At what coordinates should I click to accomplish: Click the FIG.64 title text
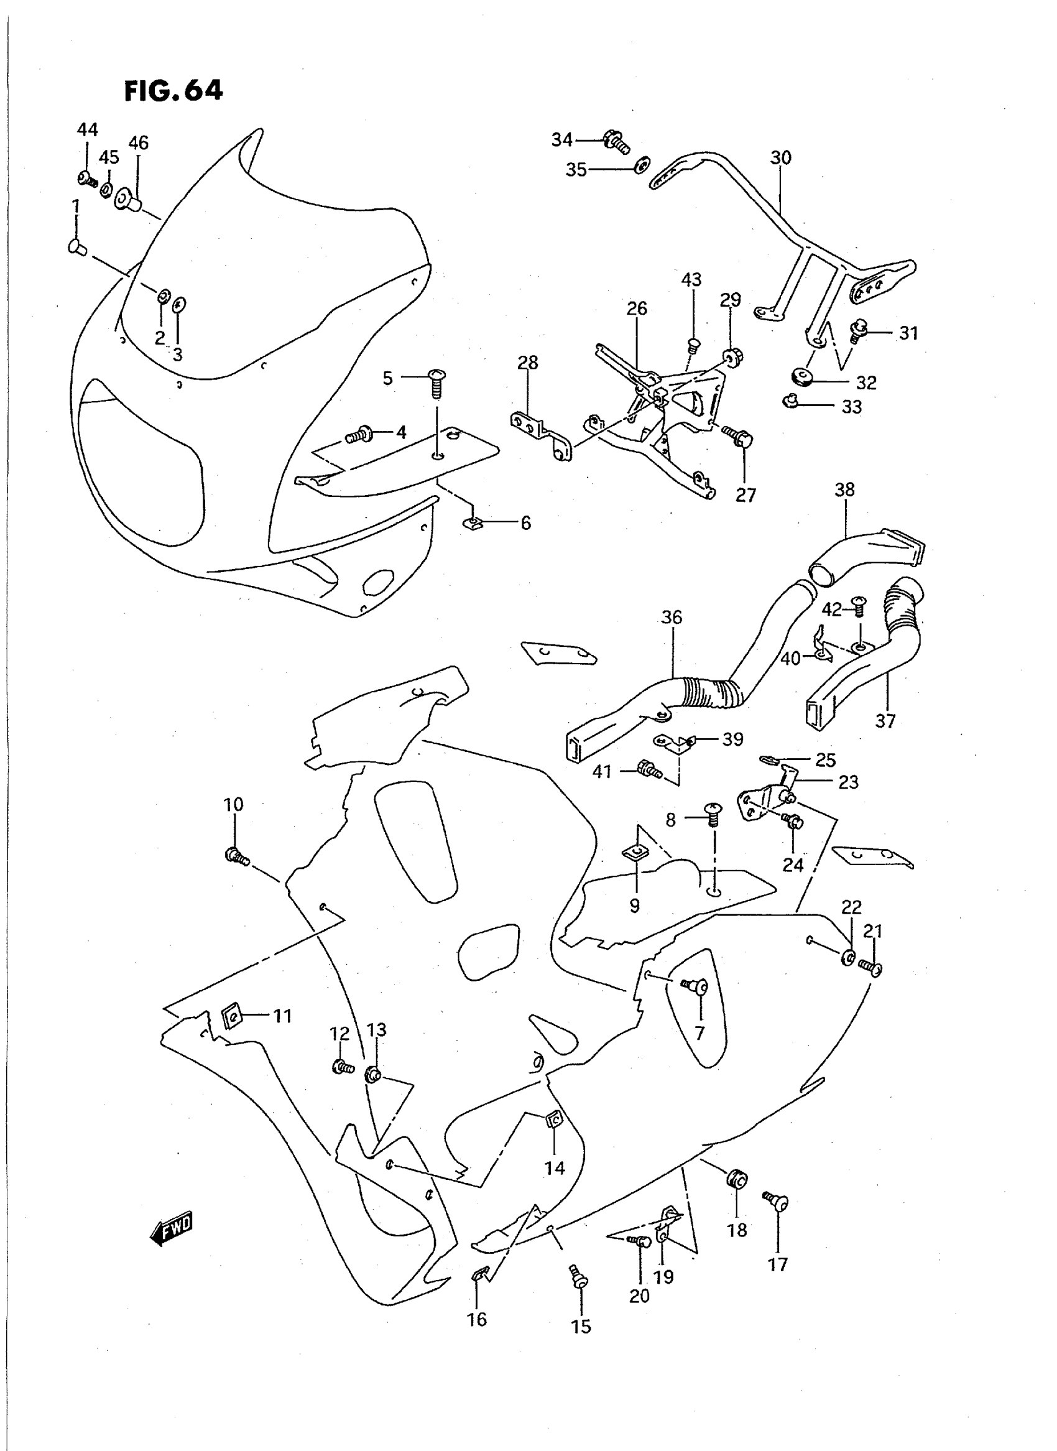[173, 91]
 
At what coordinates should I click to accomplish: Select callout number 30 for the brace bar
[780, 157]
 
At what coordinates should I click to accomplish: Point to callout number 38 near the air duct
[844, 489]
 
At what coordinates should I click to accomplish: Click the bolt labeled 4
[359, 436]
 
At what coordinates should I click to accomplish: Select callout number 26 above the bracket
[637, 308]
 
